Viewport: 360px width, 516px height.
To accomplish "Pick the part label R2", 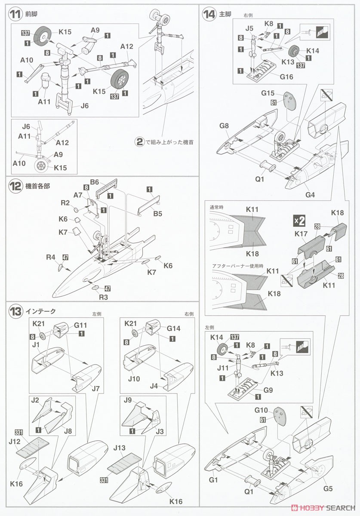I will [65, 203].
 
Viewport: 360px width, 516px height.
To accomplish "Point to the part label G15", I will [267, 93].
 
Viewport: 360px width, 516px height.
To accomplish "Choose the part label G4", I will [310, 195].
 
